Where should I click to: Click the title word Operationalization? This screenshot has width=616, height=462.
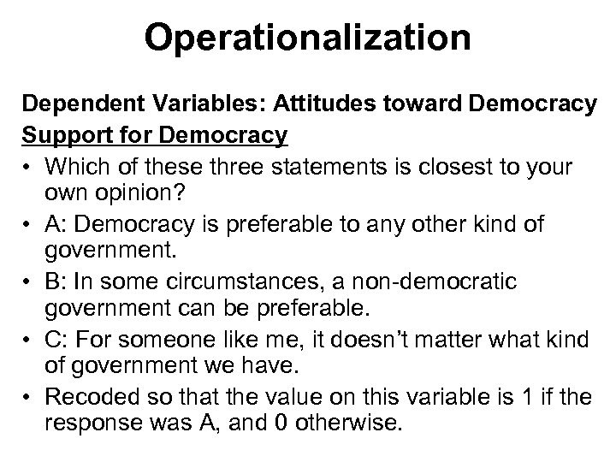(x=307, y=38)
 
